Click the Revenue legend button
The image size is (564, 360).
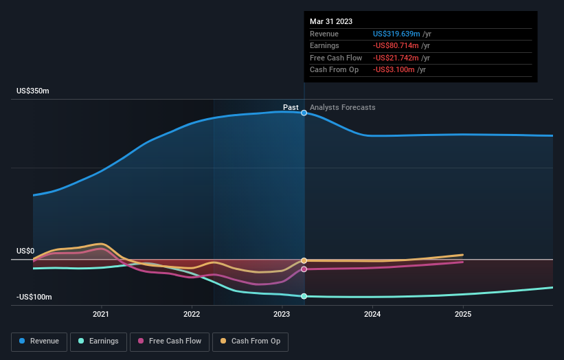point(39,341)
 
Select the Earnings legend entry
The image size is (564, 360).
point(99,341)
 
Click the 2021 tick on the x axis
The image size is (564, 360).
point(101,314)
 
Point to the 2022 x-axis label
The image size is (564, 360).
point(192,314)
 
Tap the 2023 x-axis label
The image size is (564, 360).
point(282,314)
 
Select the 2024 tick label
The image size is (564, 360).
point(372,314)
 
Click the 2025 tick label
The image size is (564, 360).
point(463,314)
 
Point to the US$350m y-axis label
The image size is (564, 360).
point(33,91)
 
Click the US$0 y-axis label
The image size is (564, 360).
point(25,251)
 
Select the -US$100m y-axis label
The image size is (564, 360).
point(34,297)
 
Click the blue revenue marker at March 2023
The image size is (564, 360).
point(304,113)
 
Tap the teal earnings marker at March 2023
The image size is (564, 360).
point(304,296)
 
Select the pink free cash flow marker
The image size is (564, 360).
point(304,269)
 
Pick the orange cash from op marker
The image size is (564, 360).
point(304,260)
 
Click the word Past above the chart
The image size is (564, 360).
point(291,107)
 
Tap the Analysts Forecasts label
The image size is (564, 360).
point(343,107)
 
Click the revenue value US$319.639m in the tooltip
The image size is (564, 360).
point(395,34)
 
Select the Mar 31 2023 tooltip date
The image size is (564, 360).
point(331,21)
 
